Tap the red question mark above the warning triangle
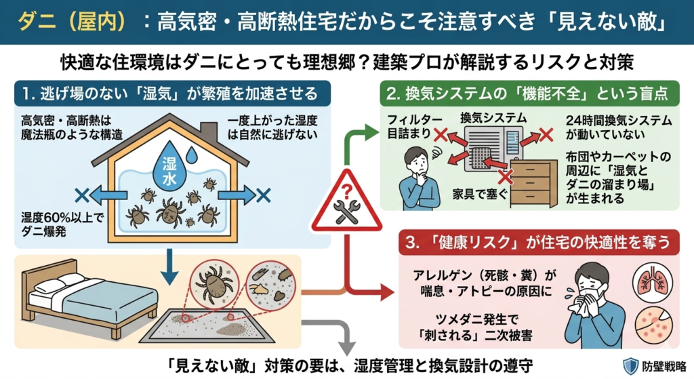[x=346, y=185]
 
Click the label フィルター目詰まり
[x=409, y=126]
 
